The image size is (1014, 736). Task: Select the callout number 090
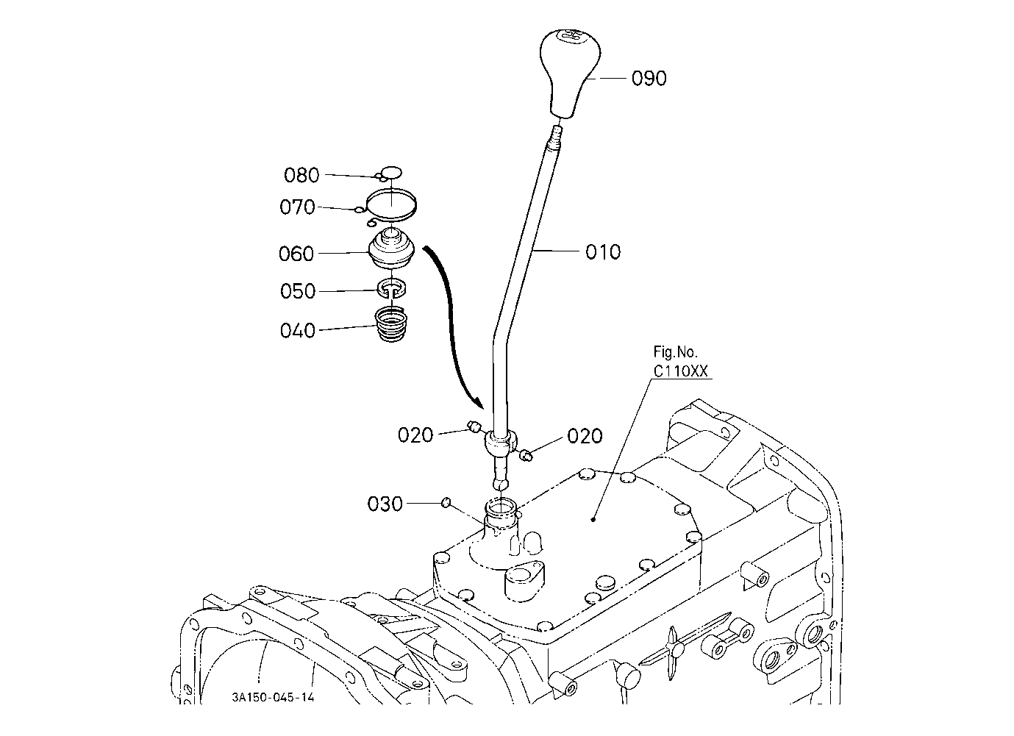[649, 79]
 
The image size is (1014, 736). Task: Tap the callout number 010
[603, 252]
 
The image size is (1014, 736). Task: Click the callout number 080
[301, 175]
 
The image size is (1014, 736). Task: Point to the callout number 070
[297, 207]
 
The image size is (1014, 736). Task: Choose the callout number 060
[296, 254]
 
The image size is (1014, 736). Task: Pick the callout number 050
[297, 291]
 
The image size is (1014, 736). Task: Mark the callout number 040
[297, 331]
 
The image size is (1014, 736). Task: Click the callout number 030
[385, 504]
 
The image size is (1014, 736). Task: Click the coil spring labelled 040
[392, 324]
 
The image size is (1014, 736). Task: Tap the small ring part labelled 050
[392, 288]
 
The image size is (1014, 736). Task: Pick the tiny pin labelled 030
[446, 501]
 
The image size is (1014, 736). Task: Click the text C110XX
[680, 371]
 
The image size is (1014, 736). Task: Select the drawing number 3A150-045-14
[273, 696]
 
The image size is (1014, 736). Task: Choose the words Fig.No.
[675, 351]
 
